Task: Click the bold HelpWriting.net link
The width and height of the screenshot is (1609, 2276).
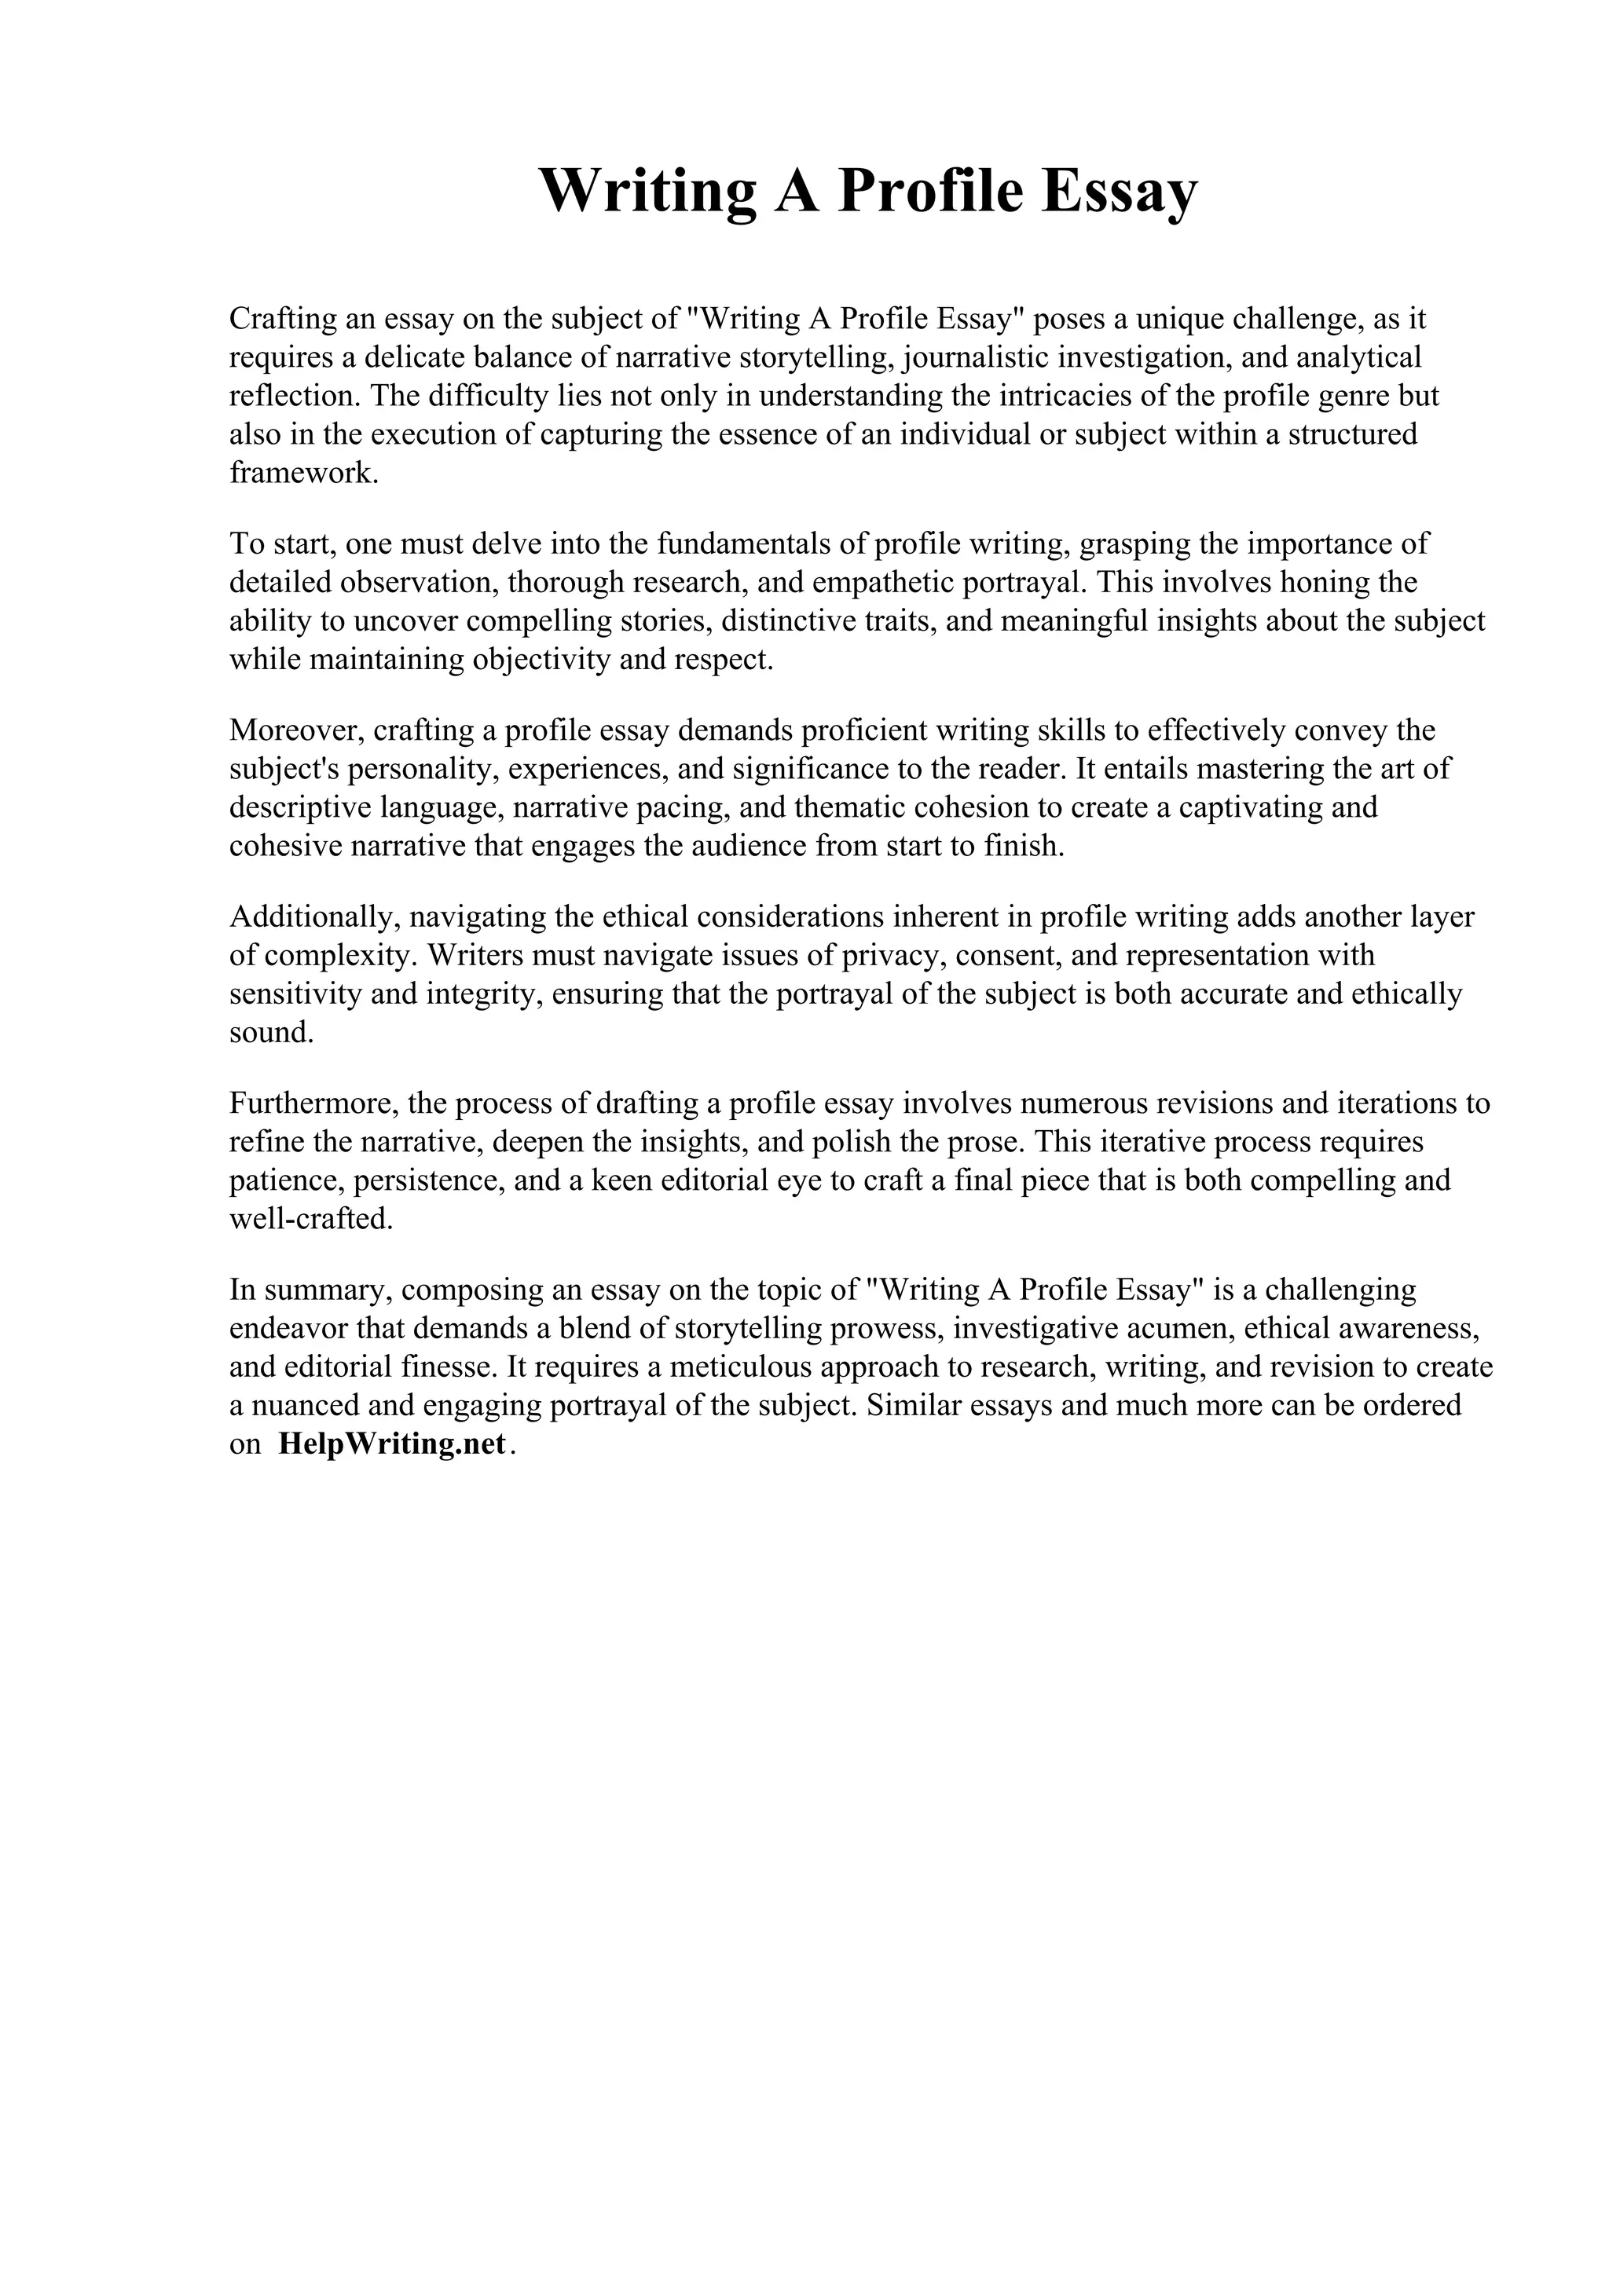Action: [x=393, y=1444]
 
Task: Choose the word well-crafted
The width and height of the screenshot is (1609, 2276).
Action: [x=310, y=1219]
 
